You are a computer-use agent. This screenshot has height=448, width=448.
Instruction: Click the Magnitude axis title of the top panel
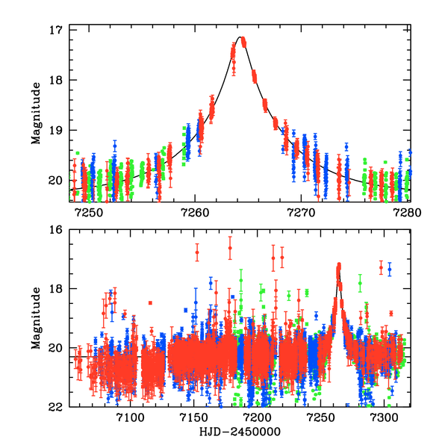tap(35, 114)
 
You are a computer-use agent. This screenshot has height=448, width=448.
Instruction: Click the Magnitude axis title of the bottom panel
tap(35, 318)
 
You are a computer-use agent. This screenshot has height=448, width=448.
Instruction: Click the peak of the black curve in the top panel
tap(240, 37)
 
